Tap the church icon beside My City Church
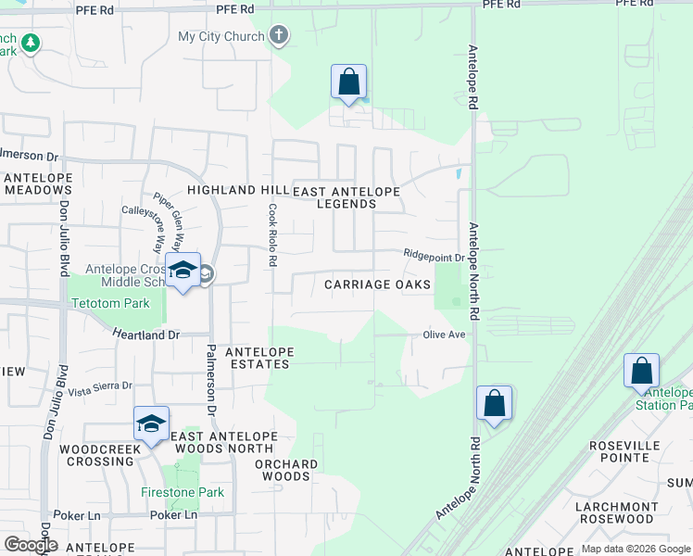pos(279,37)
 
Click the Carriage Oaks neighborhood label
pos(378,284)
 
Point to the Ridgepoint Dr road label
pos(434,254)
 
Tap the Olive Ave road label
pos(444,335)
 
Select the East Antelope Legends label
pos(346,197)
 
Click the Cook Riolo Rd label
pos(273,235)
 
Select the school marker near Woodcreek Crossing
pos(152,423)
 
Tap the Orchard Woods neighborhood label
pos(285,470)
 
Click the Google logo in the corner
pos(30,545)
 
